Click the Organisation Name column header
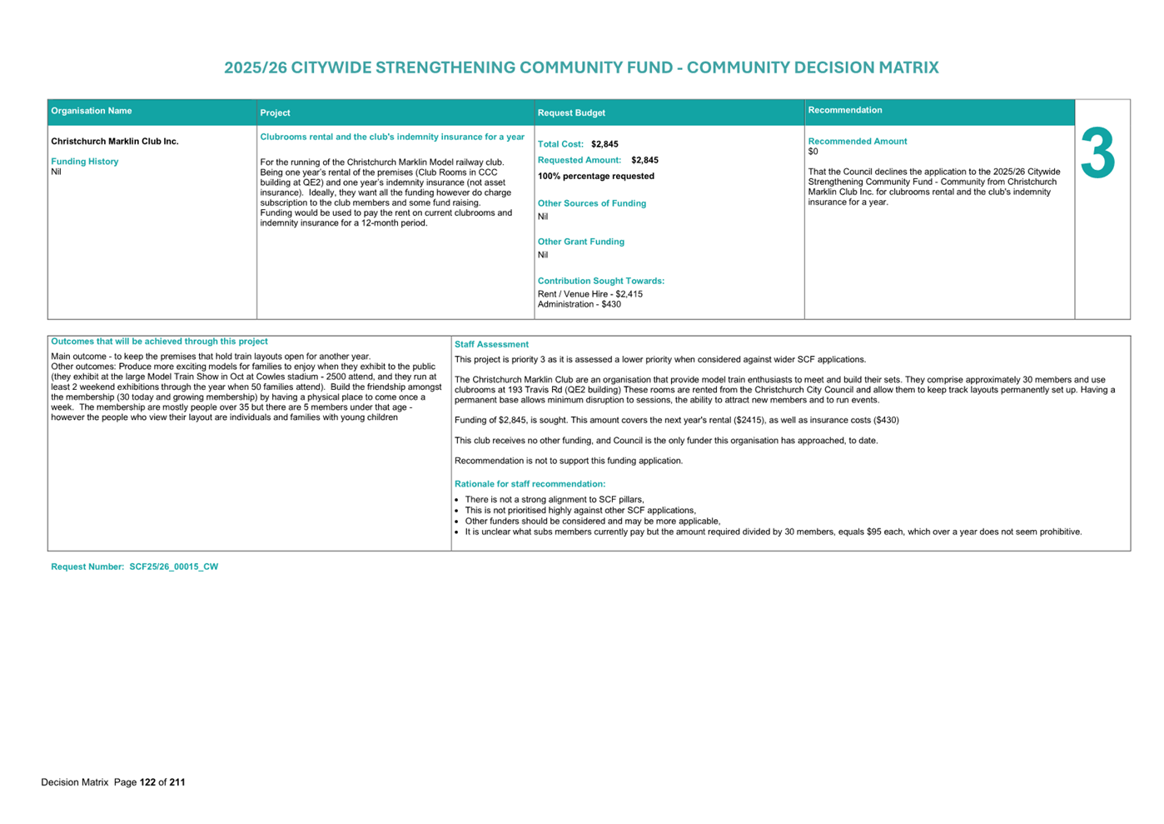pyautogui.click(x=92, y=111)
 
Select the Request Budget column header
pyautogui.click(x=571, y=112)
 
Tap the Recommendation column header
pyautogui.click(x=844, y=110)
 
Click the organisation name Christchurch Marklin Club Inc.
pyautogui.click(x=115, y=142)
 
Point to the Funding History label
pyautogui.click(x=85, y=162)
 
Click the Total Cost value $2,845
pyautogui.click(x=604, y=144)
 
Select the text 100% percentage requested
pyautogui.click(x=595, y=176)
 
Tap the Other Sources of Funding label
pyautogui.click(x=591, y=203)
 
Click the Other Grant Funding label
pyautogui.click(x=580, y=242)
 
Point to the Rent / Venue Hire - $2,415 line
pyautogui.click(x=589, y=294)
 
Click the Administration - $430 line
pyautogui.click(x=579, y=304)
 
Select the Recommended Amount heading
pyautogui.click(x=857, y=142)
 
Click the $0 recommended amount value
pyautogui.click(x=813, y=152)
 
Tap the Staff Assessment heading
pyautogui.click(x=491, y=344)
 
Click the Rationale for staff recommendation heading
pyautogui.click(x=530, y=484)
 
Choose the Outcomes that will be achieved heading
pyautogui.click(x=159, y=342)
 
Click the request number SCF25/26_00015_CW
pyautogui.click(x=173, y=567)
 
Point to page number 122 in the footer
pyautogui.click(x=147, y=782)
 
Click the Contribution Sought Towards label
pyautogui.click(x=600, y=281)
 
